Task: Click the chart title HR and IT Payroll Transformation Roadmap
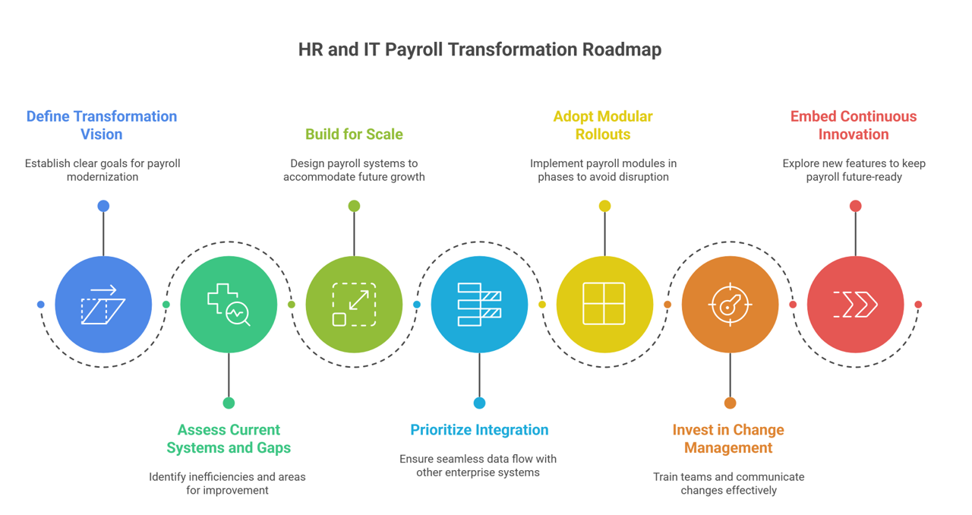[x=479, y=49]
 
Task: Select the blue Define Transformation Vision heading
[x=102, y=125]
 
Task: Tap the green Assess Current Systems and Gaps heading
[x=229, y=438]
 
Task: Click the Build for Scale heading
[x=354, y=134]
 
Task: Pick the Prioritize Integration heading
[x=479, y=430]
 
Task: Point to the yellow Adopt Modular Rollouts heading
[x=603, y=125]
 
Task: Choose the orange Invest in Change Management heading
[x=728, y=438]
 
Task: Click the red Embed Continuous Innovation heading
[x=854, y=125]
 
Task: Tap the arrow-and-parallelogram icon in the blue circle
[x=103, y=305]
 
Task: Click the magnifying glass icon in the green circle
[x=238, y=313]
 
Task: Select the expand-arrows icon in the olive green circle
[x=354, y=305]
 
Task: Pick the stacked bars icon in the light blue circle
[x=479, y=305]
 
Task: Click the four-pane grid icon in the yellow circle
[x=604, y=305]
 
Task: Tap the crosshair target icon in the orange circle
[x=730, y=305]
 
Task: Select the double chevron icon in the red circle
[x=855, y=305]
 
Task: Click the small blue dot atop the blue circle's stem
[x=103, y=206]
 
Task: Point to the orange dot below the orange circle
[x=730, y=403]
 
